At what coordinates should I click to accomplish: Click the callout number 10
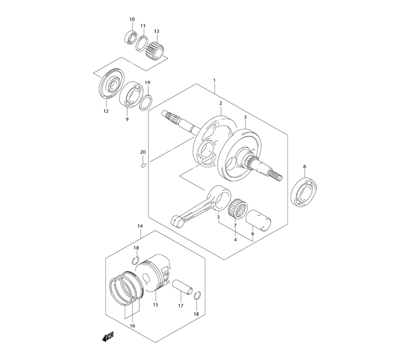(x=132, y=20)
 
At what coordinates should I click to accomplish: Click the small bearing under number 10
(x=131, y=36)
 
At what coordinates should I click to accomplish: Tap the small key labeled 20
(x=143, y=165)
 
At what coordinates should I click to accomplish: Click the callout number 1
(x=214, y=81)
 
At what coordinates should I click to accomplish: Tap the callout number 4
(x=236, y=240)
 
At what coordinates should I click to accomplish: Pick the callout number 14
(x=140, y=226)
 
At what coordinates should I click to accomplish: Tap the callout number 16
(x=132, y=326)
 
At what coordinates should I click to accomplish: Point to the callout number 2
(x=220, y=103)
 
